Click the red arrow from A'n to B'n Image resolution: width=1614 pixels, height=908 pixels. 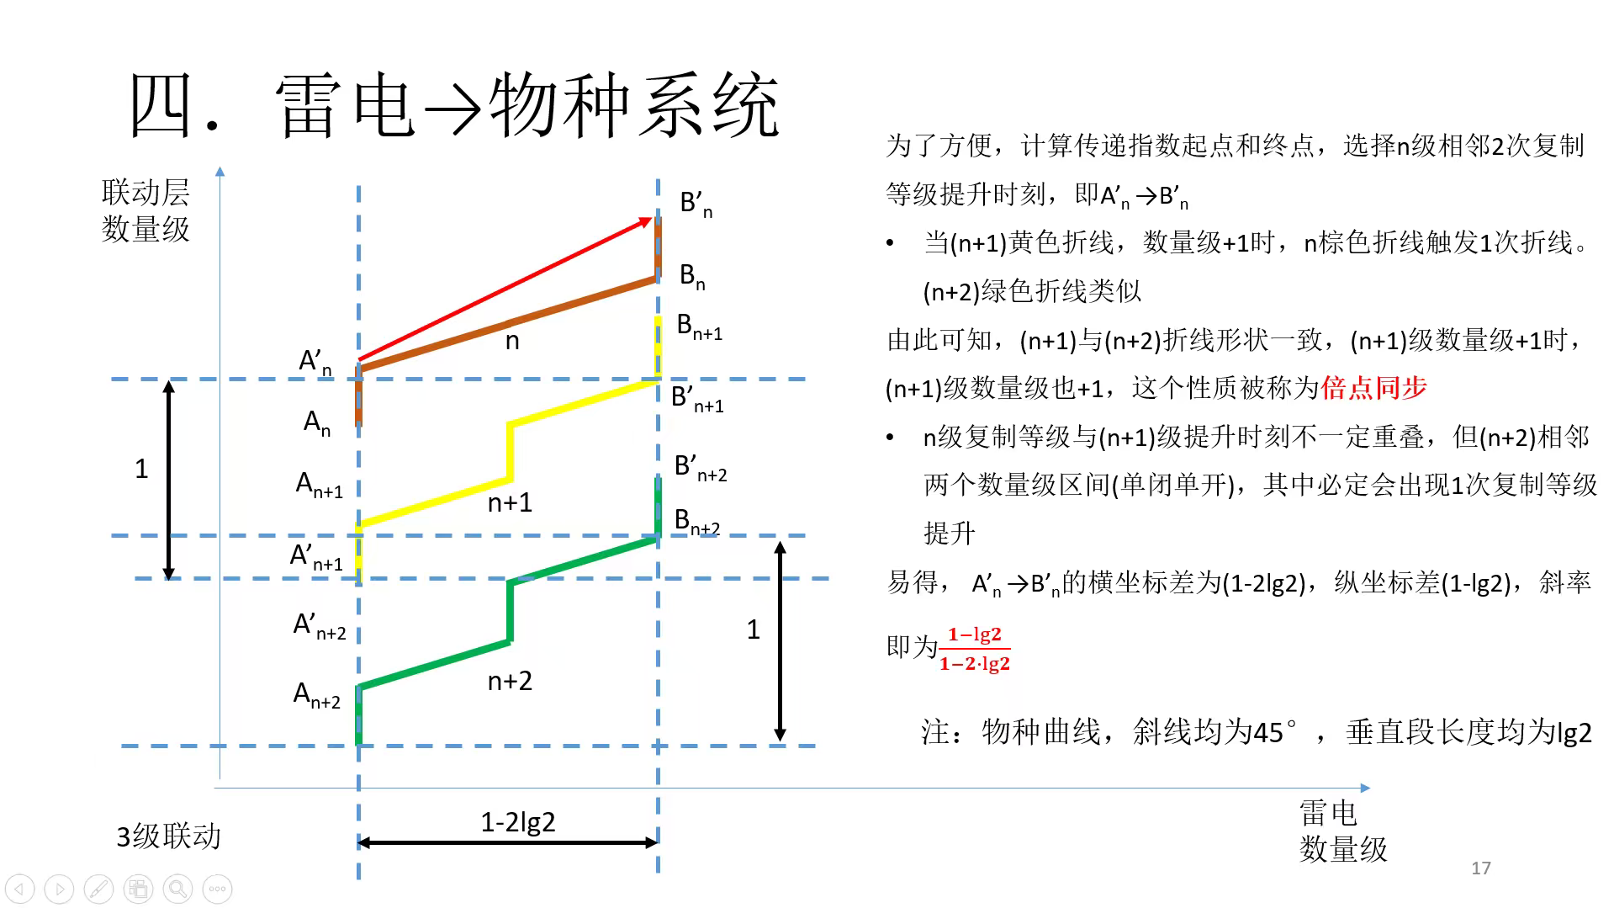click(x=505, y=289)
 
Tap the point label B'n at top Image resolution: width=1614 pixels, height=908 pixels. click(x=696, y=204)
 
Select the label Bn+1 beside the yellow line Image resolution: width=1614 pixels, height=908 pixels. click(x=700, y=327)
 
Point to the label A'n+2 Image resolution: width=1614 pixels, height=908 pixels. click(x=320, y=626)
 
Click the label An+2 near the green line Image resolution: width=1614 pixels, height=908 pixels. click(x=317, y=695)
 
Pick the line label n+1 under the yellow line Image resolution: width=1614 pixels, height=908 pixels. click(x=510, y=502)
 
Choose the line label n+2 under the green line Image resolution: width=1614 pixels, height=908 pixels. click(x=510, y=681)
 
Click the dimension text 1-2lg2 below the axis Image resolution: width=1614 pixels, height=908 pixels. click(x=518, y=821)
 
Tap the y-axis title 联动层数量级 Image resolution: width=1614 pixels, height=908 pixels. click(x=146, y=210)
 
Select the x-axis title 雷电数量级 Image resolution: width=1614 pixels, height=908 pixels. click(x=1343, y=831)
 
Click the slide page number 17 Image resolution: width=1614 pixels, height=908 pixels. click(x=1481, y=868)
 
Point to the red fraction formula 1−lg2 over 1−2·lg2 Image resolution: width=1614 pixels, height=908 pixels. click(x=975, y=649)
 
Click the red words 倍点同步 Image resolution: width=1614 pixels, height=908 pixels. click(x=1374, y=388)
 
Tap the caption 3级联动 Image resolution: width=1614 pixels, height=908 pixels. click(x=168, y=836)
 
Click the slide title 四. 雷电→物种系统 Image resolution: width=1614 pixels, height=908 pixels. click(x=454, y=105)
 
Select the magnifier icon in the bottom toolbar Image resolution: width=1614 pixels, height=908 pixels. click(x=177, y=889)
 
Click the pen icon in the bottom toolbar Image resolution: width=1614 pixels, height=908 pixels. click(x=98, y=889)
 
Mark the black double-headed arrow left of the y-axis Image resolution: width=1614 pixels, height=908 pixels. click(x=168, y=480)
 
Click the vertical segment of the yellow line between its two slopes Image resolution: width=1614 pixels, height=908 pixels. click(x=510, y=452)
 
